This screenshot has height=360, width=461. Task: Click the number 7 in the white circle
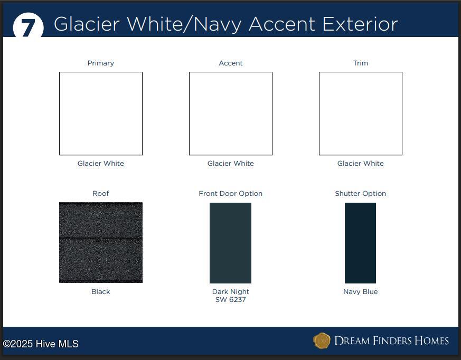tap(28, 29)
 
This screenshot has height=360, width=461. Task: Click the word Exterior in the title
tap(360, 24)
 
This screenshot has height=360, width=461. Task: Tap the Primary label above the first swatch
tap(100, 63)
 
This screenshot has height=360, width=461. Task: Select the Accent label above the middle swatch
tap(230, 63)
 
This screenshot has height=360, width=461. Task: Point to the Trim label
tap(361, 63)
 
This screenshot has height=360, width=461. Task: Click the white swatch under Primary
tap(101, 113)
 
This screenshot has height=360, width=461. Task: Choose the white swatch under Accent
tap(231, 113)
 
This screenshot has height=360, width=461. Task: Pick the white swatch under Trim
tap(361, 113)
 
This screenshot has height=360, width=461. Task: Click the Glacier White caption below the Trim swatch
tap(361, 164)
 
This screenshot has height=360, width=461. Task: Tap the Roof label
tap(100, 193)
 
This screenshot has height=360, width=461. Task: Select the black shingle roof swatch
tap(101, 242)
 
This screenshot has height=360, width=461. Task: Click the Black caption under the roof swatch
tap(100, 291)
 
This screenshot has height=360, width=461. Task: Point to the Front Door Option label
tap(230, 193)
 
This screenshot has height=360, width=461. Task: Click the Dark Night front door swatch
tap(230, 243)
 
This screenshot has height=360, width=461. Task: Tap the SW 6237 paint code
tap(230, 300)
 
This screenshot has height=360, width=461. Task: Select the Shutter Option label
tap(361, 193)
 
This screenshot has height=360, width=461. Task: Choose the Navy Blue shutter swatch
tap(361, 243)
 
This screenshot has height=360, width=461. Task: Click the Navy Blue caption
tap(361, 291)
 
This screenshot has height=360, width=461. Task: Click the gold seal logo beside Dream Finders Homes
tap(322, 340)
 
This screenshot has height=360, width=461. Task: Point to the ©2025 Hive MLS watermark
tap(41, 344)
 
